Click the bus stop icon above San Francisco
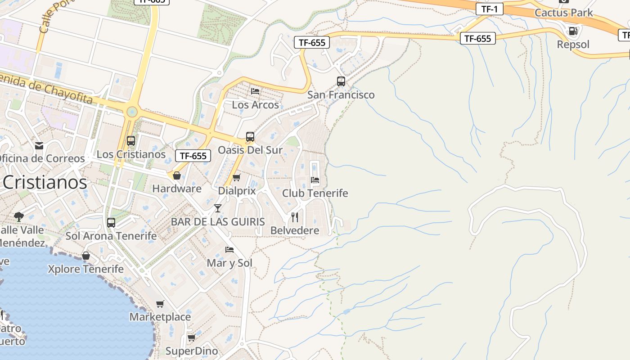[341, 81]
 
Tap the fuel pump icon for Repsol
[573, 31]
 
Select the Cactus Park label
[564, 13]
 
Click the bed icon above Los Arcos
[255, 91]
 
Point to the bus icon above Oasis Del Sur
[250, 137]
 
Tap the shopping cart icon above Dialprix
[237, 177]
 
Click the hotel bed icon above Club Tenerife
[315, 180]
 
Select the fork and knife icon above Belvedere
[295, 217]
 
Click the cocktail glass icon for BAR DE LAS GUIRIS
[218, 208]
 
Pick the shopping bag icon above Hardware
[177, 175]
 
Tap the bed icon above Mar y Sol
[229, 250]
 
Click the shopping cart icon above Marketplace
[160, 304]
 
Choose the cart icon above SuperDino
[191, 337]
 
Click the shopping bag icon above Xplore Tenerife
[86, 256]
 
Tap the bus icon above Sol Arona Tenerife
[111, 222]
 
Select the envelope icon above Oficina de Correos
[39, 145]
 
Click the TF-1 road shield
[489, 9]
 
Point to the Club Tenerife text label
[315, 193]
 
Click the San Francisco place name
[341, 95]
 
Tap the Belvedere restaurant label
[295, 230]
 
